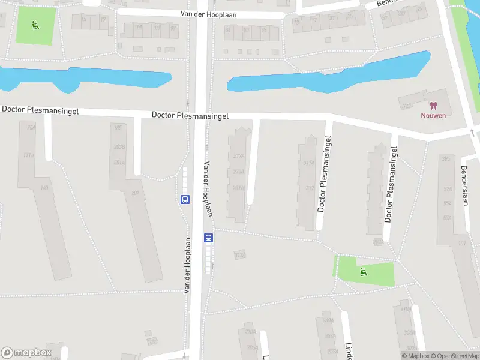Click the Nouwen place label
point(433,115)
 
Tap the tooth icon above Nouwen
point(430,104)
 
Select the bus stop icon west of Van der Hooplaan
point(185,200)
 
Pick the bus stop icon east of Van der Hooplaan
point(209,238)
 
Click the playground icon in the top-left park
point(35,25)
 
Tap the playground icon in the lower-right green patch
point(363,272)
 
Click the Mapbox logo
point(26,353)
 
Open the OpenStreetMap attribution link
point(454,356)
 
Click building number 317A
point(310,162)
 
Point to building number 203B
point(119,146)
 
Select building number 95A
point(31,127)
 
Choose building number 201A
point(119,162)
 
